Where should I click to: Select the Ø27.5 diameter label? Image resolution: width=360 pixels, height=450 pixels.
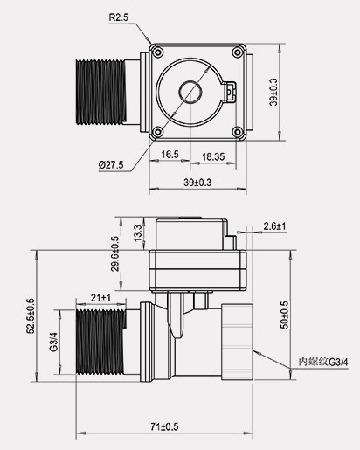click(111, 163)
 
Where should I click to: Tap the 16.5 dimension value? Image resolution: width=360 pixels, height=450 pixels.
click(170, 154)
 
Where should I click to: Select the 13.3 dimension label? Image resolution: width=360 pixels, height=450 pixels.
click(136, 233)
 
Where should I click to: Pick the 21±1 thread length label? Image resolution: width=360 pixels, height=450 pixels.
click(100, 298)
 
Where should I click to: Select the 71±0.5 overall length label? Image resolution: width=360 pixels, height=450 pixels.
click(163, 426)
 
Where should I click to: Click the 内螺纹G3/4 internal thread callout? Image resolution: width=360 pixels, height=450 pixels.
click(322, 360)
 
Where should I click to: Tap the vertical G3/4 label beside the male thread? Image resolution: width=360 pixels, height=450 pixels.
click(53, 341)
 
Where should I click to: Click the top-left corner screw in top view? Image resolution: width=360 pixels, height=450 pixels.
click(158, 52)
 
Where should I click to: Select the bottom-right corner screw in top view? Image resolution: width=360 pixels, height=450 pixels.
click(237, 131)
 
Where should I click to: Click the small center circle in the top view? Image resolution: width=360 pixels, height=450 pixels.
click(189, 91)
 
